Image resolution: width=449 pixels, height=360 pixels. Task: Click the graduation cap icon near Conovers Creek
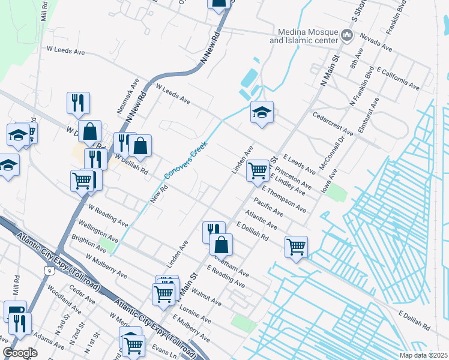pyautogui.click(x=262, y=112)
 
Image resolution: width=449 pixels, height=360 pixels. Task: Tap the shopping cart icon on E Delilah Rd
pyautogui.click(x=296, y=247)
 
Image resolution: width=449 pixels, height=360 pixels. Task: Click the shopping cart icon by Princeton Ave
pyautogui.click(x=258, y=170)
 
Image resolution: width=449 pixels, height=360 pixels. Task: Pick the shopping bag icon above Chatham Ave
pyautogui.click(x=221, y=244)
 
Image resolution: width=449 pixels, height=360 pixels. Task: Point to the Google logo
pyautogui.click(x=20, y=353)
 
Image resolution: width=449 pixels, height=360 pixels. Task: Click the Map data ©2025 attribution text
pyautogui.click(x=423, y=355)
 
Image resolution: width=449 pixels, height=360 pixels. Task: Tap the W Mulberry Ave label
pyautogui.click(x=106, y=266)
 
